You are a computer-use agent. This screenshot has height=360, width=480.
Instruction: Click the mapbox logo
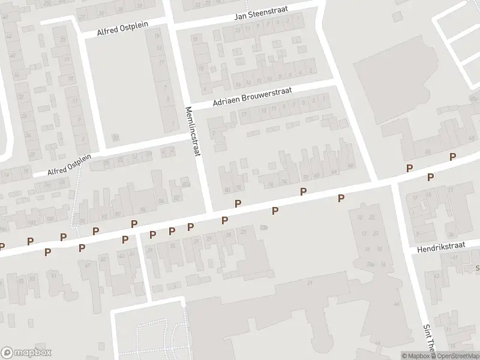pyautogui.click(x=26, y=353)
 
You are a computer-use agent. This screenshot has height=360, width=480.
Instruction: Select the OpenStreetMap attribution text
pyautogui.click(x=456, y=356)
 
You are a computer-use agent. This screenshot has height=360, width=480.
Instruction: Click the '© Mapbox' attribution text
pyautogui.click(x=416, y=356)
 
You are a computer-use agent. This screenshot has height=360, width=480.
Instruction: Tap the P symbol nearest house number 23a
pyautogui.click(x=275, y=211)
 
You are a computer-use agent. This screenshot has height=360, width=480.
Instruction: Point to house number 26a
pyautogui.click(x=371, y=263)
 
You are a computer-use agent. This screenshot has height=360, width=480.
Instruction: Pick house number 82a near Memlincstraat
pyautogui.click(x=185, y=185)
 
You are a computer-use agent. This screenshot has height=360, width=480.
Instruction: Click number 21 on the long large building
pyautogui.click(x=310, y=283)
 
